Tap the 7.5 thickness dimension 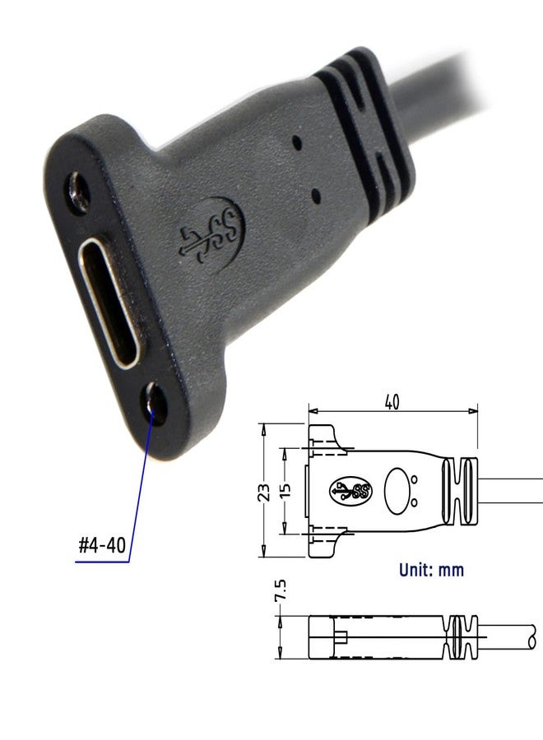pyautogui.click(x=280, y=593)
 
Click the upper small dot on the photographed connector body pyautogui.click(x=298, y=141)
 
